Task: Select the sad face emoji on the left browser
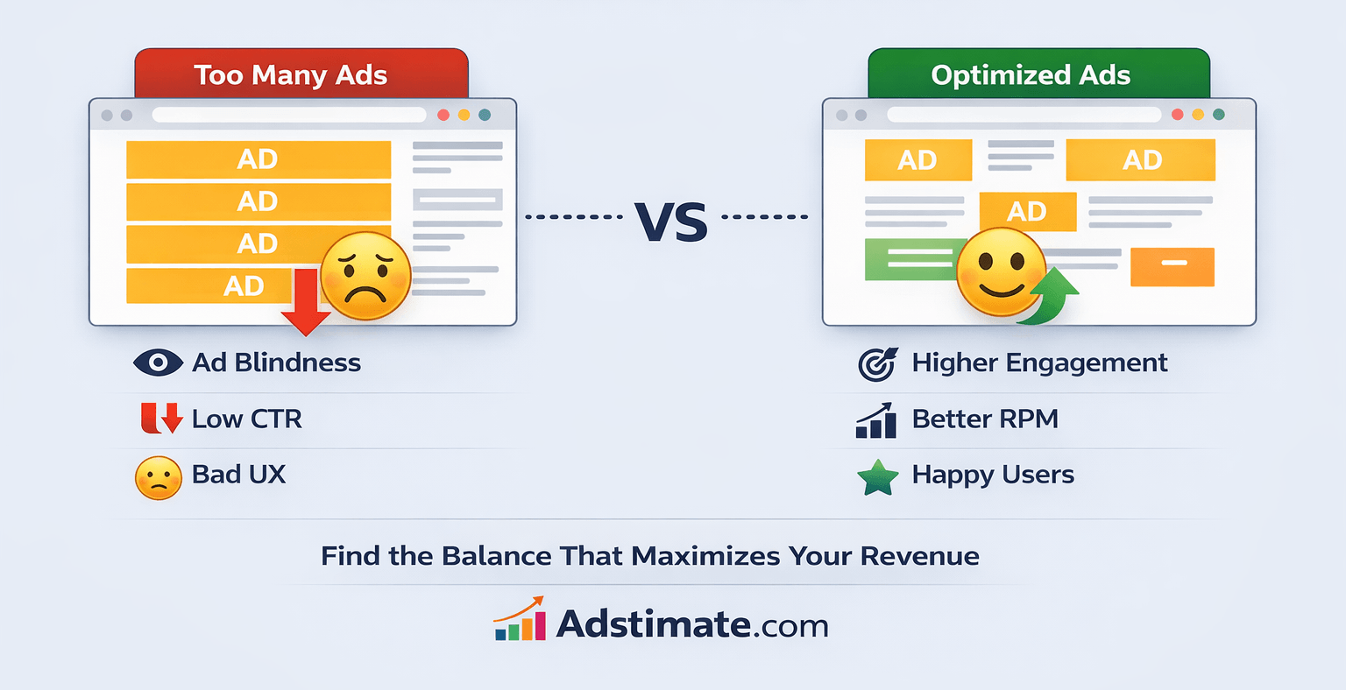[x=365, y=276]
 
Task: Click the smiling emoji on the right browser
[x=1001, y=271]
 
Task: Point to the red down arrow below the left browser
[x=306, y=303]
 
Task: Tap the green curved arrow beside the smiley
[x=1052, y=298]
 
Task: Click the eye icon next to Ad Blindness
[x=158, y=363]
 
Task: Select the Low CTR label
[x=247, y=419]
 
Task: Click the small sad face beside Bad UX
[x=159, y=478]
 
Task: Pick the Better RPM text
[x=985, y=419]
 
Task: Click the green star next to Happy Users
[x=878, y=478]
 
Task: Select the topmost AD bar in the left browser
[x=258, y=159]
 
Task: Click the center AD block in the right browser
[x=1027, y=211]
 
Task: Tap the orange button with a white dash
[x=1172, y=266]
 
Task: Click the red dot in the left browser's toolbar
[x=443, y=115]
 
